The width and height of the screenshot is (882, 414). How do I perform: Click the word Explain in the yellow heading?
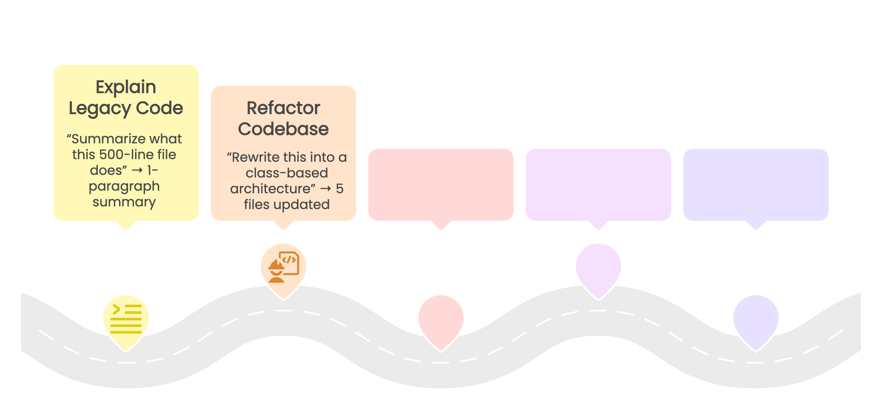[x=126, y=87]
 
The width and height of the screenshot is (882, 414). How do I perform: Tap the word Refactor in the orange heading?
[x=283, y=108]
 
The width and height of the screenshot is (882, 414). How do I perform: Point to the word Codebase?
[x=283, y=129]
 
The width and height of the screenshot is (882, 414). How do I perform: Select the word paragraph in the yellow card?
[x=124, y=186]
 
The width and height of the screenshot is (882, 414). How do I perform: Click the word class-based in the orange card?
[x=287, y=173]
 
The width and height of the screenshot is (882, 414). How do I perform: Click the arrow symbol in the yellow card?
[x=137, y=170]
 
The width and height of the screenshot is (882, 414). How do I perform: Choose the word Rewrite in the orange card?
[x=260, y=157]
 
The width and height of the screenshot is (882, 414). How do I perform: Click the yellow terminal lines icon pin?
[x=126, y=319]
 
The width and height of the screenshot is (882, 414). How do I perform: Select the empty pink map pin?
[x=441, y=319]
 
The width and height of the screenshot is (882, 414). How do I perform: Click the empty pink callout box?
[x=441, y=185]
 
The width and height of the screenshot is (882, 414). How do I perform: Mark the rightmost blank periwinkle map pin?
[x=756, y=319]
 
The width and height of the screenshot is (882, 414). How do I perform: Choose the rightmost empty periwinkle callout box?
[x=756, y=185]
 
